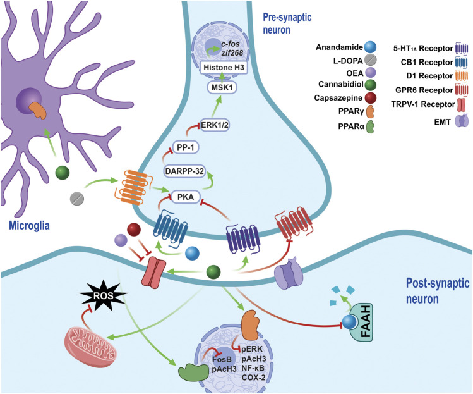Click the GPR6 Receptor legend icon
coord(452,99)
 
